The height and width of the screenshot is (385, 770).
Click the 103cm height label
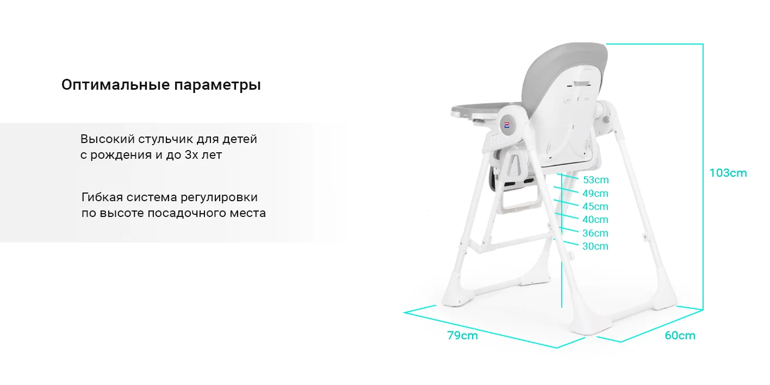[x=728, y=173]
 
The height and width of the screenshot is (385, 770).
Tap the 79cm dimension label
[x=462, y=336]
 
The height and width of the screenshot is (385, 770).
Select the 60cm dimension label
[x=680, y=336]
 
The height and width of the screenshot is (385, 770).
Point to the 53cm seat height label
[x=595, y=180]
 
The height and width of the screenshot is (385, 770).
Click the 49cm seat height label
[x=595, y=194]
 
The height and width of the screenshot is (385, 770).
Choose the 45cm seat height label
[x=595, y=207]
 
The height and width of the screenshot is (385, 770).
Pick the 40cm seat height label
[x=595, y=220]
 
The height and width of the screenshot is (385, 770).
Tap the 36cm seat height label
[x=595, y=233]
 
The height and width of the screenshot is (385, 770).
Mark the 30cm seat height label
[x=595, y=246]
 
